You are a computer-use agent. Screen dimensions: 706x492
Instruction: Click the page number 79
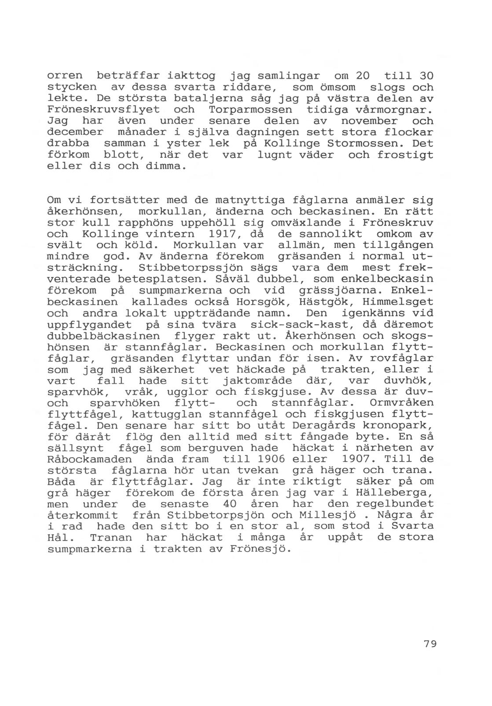point(430,644)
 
